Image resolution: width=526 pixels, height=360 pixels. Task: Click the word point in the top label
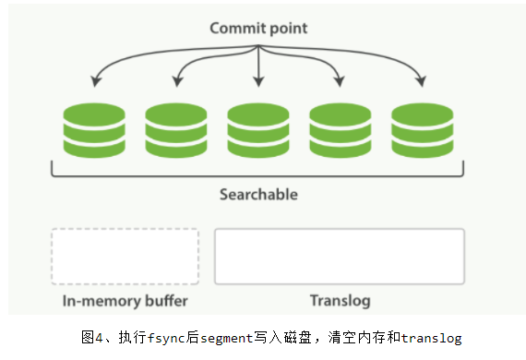pos(287,28)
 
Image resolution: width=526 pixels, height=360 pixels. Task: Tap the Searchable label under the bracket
pos(258,195)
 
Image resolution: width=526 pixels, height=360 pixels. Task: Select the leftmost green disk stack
pos(93,131)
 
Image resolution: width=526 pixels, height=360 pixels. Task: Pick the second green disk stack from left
pos(175,131)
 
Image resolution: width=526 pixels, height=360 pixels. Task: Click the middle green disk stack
pos(257,131)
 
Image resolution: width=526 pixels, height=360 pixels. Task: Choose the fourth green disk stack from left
pos(340,131)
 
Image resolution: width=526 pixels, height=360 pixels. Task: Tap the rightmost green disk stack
pos(422,131)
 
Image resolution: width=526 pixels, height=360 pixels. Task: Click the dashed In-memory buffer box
pos(125,256)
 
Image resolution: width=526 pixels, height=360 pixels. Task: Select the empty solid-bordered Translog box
pos(339,256)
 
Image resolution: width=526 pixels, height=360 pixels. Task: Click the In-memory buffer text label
pos(125,301)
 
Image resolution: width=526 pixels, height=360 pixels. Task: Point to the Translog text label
pos(339,301)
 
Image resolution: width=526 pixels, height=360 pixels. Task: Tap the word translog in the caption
pos(431,338)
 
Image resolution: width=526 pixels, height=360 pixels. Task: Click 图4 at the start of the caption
pos(91,338)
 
